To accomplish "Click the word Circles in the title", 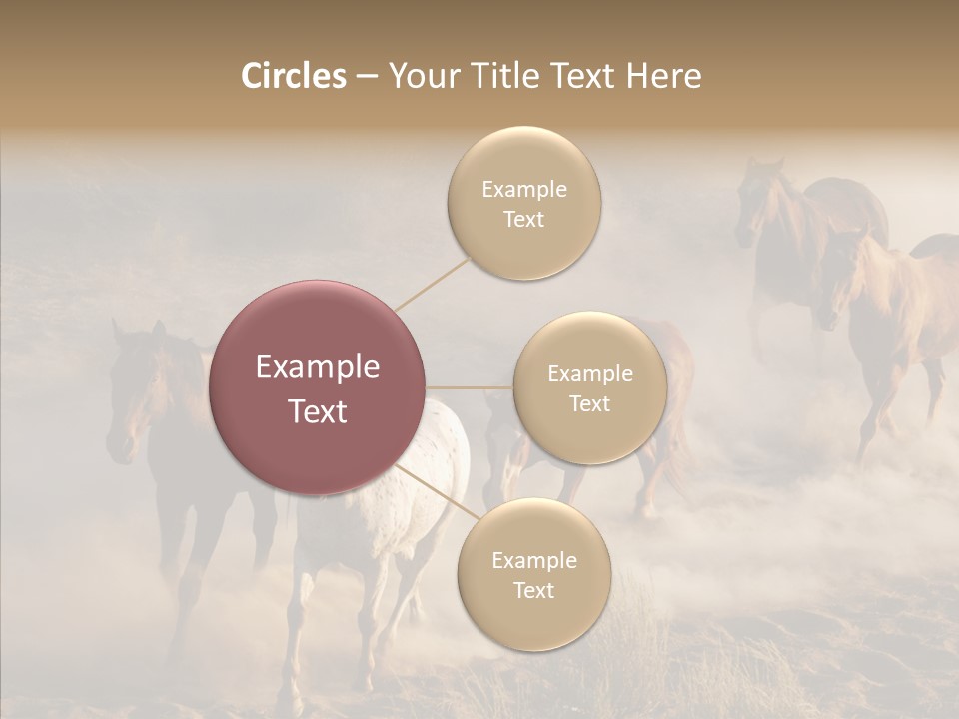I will (x=293, y=76).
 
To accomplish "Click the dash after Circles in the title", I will (x=367, y=77).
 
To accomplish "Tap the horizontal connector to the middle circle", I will (x=470, y=387).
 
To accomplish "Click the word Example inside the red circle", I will (x=318, y=367).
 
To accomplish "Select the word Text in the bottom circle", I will (x=533, y=590).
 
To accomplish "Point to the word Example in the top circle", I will (x=523, y=189).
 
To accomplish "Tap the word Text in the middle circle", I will (x=589, y=403).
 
